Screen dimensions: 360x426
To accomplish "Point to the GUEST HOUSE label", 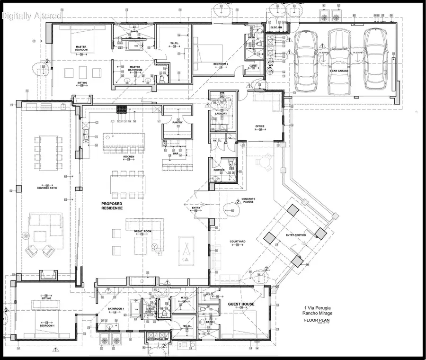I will coord(241,304).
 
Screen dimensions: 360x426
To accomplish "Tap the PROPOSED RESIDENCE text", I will coord(112,206).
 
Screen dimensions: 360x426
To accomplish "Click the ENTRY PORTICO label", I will coord(296,235).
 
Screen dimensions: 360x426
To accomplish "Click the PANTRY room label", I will coord(177,122).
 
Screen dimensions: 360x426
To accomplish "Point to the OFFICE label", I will coord(259,126).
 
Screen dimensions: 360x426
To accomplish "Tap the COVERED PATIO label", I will coord(47,188).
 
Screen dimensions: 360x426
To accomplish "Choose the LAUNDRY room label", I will coord(221,114).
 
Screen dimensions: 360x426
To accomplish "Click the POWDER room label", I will coord(219,170).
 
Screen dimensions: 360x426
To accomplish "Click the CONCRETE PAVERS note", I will coord(248,201).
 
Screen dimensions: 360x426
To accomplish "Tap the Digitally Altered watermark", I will coord(32,16).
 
